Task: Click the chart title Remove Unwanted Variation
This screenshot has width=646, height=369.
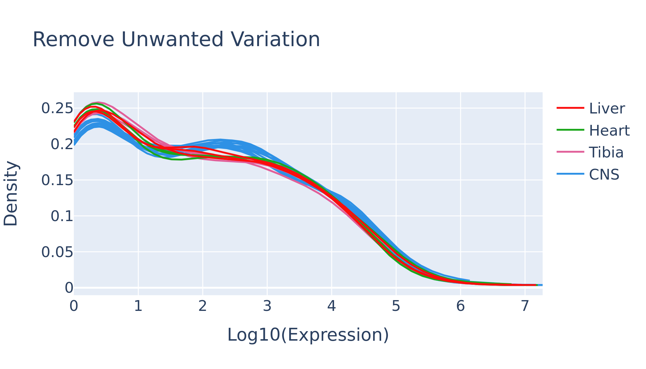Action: (x=176, y=39)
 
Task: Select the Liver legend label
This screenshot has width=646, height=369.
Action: (x=607, y=109)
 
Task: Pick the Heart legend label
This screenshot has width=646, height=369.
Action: (x=609, y=131)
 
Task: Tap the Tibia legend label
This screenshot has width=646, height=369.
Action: (x=606, y=153)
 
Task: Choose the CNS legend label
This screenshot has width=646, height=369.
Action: (x=604, y=175)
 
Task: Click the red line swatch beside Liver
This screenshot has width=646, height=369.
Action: (x=570, y=108)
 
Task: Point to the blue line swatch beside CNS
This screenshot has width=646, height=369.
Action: (x=570, y=174)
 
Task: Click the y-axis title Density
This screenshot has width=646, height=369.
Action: (x=10, y=194)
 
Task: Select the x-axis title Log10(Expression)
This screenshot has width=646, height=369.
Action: (x=308, y=335)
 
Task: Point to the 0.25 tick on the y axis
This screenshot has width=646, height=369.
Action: (x=57, y=109)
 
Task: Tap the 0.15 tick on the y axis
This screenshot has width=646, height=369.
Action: (x=57, y=181)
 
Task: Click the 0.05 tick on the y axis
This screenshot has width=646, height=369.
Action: (x=57, y=252)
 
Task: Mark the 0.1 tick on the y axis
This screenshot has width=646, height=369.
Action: (x=62, y=216)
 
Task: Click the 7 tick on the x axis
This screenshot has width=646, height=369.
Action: (x=525, y=306)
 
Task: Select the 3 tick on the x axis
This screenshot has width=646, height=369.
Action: (x=267, y=306)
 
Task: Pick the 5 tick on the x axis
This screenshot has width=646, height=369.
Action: (x=396, y=306)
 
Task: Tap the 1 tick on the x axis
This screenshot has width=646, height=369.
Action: (x=138, y=306)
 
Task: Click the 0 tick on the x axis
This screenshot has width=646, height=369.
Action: (x=74, y=306)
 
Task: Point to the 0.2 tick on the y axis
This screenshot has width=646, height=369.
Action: (x=62, y=145)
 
